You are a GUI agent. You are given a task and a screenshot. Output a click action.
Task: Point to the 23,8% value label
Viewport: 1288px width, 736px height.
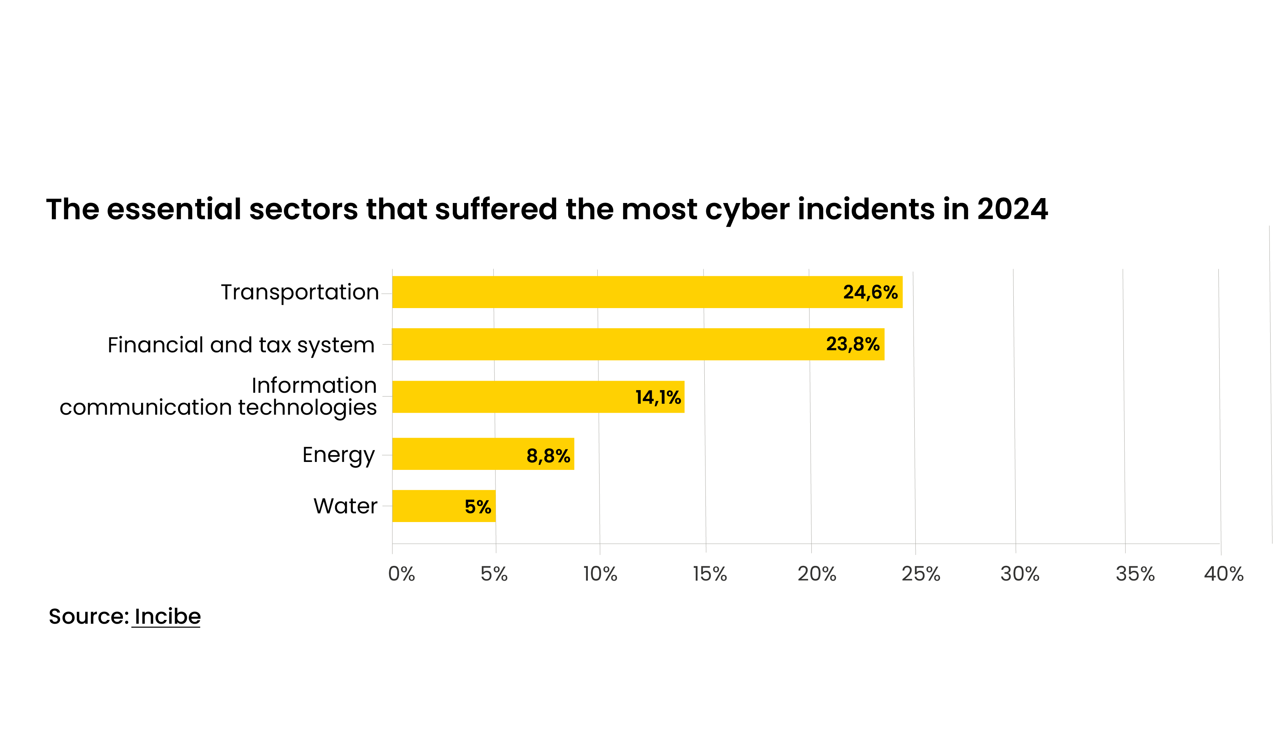coord(853,345)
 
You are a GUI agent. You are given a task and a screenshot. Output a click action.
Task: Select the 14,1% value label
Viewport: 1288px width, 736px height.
coord(658,398)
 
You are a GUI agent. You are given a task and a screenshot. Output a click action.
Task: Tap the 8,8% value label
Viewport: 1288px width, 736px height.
coord(548,456)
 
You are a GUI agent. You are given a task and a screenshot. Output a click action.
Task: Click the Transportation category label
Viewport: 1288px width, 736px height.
coord(300,293)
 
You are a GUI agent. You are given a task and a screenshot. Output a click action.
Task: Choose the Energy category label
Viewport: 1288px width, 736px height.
coord(338,456)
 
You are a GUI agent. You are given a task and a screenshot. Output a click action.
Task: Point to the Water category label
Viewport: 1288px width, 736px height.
coord(345,507)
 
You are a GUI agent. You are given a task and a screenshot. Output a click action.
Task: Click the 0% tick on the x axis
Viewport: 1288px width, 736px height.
coord(401,574)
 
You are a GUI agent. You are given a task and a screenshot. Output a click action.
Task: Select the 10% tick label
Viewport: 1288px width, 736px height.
coord(600,574)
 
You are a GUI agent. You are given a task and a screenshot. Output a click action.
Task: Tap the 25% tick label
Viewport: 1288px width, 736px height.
coord(921,574)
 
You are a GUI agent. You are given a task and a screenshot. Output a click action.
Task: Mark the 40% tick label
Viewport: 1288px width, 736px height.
coord(1223,574)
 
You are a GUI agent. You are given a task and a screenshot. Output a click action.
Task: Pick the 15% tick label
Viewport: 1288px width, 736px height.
coord(710,574)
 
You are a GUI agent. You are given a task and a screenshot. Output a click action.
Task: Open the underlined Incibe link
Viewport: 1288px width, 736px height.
coord(168,617)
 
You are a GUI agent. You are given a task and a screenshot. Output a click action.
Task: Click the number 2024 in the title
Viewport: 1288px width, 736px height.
coord(1012,209)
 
